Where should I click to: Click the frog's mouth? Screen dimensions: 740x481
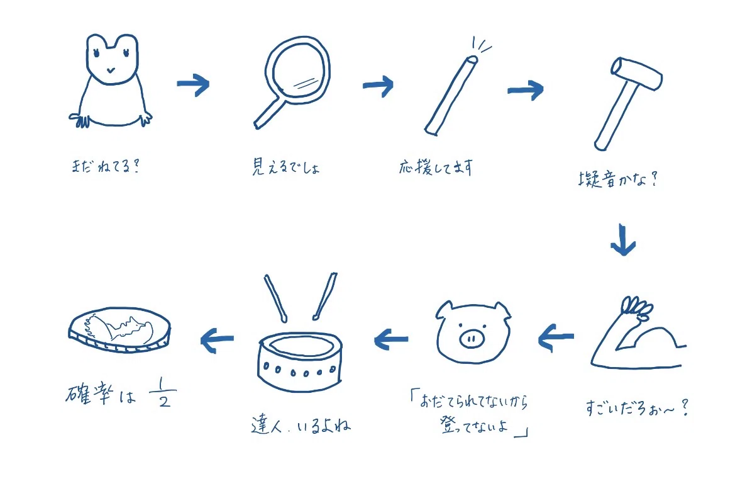(x=111, y=71)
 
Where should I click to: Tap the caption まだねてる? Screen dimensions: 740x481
(x=106, y=166)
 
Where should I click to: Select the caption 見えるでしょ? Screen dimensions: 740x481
(x=286, y=167)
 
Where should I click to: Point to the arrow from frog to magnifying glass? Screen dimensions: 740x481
(x=193, y=84)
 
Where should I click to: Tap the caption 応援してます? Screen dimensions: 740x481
(x=435, y=167)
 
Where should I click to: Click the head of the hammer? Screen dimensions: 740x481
(x=637, y=73)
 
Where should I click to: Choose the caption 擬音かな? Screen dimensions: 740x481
(x=618, y=179)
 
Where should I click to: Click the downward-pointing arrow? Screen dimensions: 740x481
(x=623, y=239)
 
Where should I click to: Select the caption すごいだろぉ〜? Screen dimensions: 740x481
(x=637, y=407)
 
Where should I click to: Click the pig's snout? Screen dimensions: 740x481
(x=472, y=338)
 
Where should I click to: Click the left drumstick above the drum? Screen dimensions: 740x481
(x=275, y=298)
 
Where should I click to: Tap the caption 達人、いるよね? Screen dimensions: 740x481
(x=301, y=425)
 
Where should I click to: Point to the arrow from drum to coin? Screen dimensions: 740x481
(x=217, y=339)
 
